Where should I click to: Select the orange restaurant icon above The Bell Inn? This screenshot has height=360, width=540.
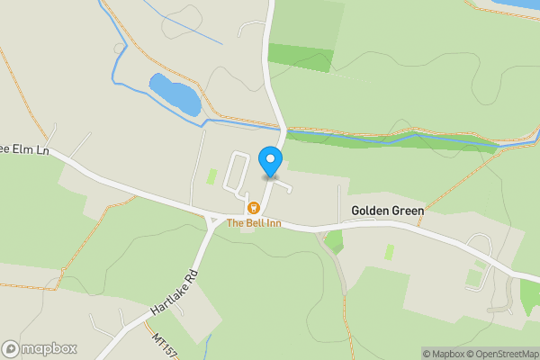pos(254,208)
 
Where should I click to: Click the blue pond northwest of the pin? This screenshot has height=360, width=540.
pos(175,94)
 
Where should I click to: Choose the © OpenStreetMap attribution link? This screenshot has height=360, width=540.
pos(502,354)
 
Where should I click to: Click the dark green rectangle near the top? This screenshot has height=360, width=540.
pos(301,57)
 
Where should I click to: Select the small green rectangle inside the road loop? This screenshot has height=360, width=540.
pos(211,176)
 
